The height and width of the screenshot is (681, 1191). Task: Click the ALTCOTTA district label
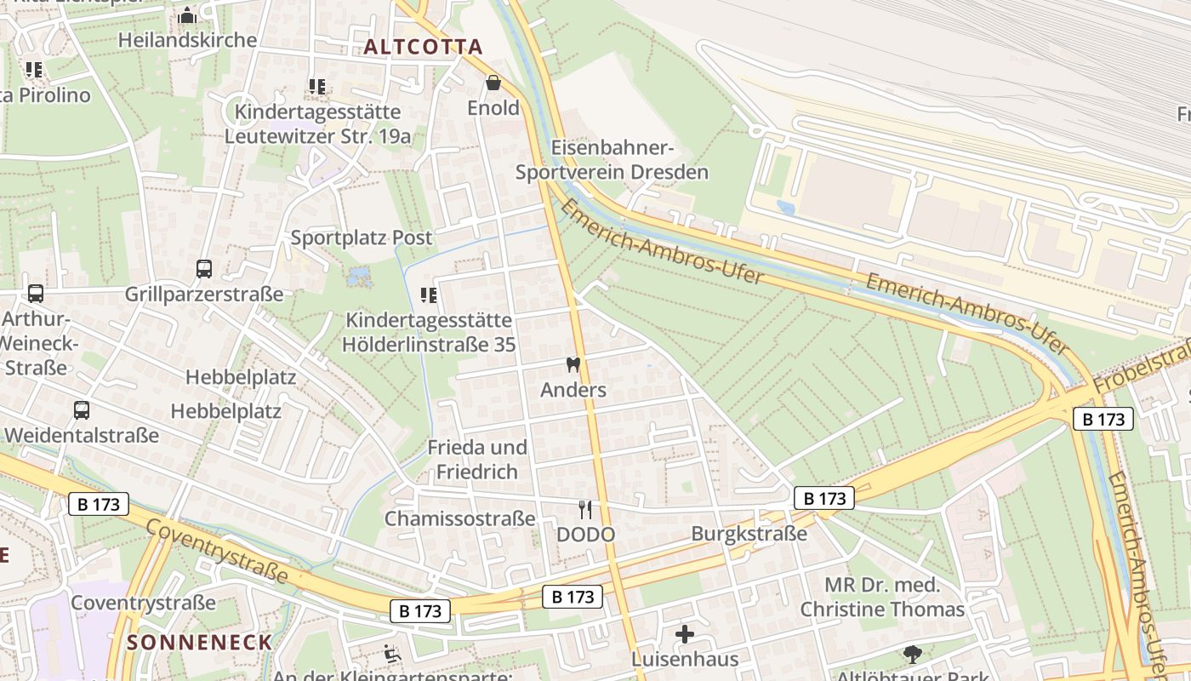tap(423, 47)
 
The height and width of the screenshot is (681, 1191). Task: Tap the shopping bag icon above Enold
tap(493, 83)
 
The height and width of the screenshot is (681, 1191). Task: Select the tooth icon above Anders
tap(573, 365)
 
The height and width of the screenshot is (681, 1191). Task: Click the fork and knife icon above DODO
tap(585, 510)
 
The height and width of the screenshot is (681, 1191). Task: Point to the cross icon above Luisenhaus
tap(685, 634)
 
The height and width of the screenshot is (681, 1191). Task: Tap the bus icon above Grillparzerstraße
tap(204, 269)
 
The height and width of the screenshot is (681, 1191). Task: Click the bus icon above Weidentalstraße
tap(82, 409)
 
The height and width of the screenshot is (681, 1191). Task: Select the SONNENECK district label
tap(200, 642)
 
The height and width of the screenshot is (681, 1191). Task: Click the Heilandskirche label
tap(187, 40)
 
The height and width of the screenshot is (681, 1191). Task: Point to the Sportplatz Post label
tap(362, 237)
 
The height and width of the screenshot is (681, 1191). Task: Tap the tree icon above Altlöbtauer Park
tap(913, 654)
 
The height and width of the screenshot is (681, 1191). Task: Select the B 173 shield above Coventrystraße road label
tap(99, 504)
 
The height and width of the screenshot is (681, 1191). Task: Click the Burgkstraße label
tap(749, 534)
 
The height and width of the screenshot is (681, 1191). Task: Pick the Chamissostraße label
tap(459, 518)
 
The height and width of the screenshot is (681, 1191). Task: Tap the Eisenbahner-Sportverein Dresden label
tap(612, 160)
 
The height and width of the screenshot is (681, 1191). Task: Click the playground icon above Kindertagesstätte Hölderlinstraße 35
tap(429, 295)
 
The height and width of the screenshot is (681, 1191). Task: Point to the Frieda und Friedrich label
tap(476, 459)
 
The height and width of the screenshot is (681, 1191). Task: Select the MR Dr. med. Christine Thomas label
tap(882, 597)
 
